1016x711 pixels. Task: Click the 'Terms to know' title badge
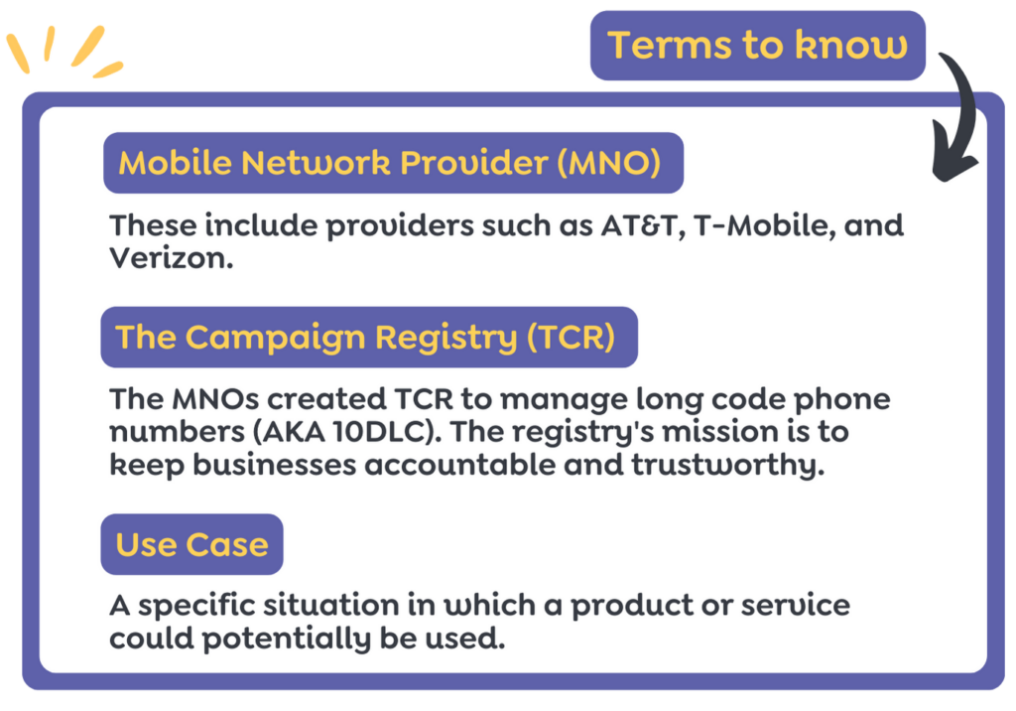pos(757,46)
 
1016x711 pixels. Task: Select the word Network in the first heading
pos(317,162)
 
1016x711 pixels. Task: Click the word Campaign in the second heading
pos(277,338)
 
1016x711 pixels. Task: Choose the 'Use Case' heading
pos(191,544)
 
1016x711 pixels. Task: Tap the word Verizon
pos(171,258)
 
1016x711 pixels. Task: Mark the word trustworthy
pos(727,465)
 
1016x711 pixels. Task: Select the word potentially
pos(286,639)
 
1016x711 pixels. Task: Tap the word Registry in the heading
pos(446,338)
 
